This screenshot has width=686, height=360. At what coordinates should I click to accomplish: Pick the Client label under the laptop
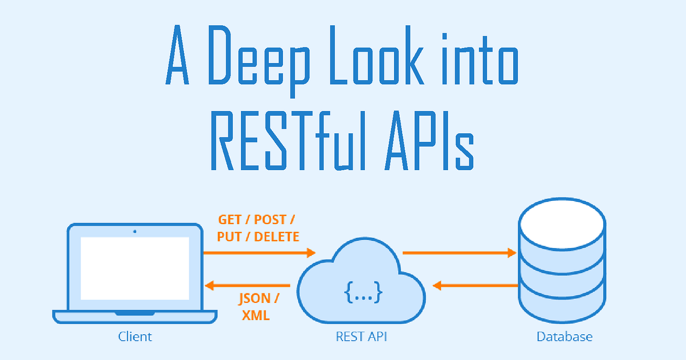click(x=135, y=337)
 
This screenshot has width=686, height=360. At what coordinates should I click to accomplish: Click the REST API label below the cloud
click(x=362, y=337)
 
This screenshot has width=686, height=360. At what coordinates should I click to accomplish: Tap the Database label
click(x=564, y=337)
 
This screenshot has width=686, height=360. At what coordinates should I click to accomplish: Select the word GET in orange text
click(x=230, y=220)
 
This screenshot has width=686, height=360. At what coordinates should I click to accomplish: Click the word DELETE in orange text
click(x=276, y=236)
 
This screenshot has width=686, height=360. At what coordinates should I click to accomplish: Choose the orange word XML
click(x=256, y=316)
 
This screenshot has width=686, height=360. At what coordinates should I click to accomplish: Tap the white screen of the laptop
click(x=135, y=268)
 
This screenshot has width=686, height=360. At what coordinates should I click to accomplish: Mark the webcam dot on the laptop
click(x=135, y=232)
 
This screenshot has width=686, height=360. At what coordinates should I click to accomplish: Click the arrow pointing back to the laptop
click(x=248, y=286)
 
